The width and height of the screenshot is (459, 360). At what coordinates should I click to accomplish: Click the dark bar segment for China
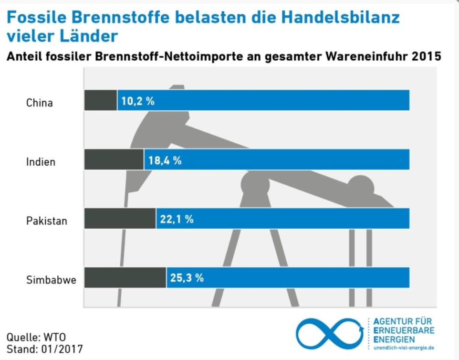click(101, 100)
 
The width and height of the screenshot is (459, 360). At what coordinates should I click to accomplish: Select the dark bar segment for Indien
click(114, 159)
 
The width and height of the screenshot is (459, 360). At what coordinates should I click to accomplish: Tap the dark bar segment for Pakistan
click(120, 219)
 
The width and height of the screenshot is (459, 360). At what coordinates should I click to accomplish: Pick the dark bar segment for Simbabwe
click(125, 277)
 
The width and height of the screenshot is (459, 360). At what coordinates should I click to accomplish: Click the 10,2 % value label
click(138, 101)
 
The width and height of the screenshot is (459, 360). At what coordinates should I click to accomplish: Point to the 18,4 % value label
click(165, 160)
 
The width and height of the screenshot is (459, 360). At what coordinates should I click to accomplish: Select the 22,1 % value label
click(177, 220)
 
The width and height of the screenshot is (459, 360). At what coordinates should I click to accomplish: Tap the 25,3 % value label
click(187, 278)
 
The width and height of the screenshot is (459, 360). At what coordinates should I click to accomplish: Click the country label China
click(39, 103)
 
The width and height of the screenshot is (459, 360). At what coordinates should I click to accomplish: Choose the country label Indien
click(41, 162)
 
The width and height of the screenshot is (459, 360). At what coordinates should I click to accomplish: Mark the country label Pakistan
click(46, 221)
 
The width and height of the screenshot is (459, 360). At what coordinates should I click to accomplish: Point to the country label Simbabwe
click(51, 280)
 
